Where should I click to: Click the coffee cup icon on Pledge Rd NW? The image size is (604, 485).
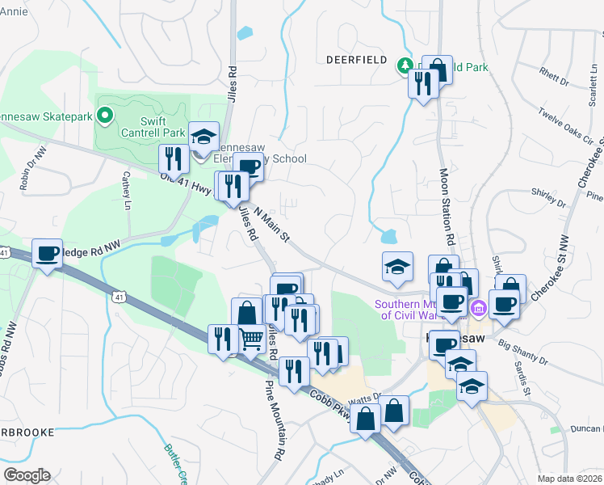coord(47,254)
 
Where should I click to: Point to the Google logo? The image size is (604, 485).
coord(27,475)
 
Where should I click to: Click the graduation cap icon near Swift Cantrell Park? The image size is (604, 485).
coord(204,136)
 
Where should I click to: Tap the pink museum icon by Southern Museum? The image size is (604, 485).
coord(477,308)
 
